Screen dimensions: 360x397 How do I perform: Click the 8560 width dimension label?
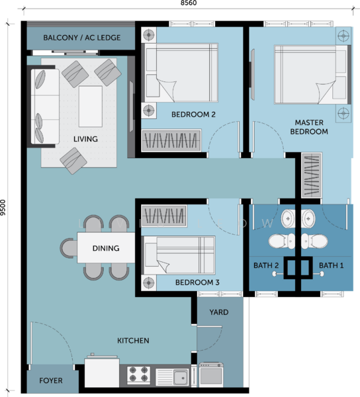[x=189, y=3]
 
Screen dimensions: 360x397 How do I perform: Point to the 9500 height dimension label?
[x=3, y=207]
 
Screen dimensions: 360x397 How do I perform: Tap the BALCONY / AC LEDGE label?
[x=82, y=38]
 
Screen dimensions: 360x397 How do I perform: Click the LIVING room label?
[x=85, y=139]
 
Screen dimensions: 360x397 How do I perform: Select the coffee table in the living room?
[x=91, y=107]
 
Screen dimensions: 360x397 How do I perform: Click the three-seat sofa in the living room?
[x=45, y=107]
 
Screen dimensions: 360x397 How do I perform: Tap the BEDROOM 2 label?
[x=193, y=114]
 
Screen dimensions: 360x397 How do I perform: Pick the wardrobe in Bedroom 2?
[x=171, y=140]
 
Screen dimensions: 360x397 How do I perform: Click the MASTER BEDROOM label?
[x=309, y=127]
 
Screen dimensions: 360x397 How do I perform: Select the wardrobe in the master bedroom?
[x=312, y=175]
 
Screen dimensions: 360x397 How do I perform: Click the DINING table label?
[x=106, y=248]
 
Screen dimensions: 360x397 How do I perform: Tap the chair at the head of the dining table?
[x=69, y=248]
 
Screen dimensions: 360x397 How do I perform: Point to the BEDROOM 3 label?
[x=197, y=283]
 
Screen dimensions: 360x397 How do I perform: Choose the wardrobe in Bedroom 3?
[x=164, y=216]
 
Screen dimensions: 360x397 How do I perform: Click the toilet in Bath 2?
[x=282, y=241]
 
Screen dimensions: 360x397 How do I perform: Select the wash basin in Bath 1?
[x=308, y=218]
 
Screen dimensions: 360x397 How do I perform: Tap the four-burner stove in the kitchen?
[x=138, y=375]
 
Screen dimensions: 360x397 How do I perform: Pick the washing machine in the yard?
[x=211, y=375]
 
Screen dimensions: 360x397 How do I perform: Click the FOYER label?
[x=51, y=380]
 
